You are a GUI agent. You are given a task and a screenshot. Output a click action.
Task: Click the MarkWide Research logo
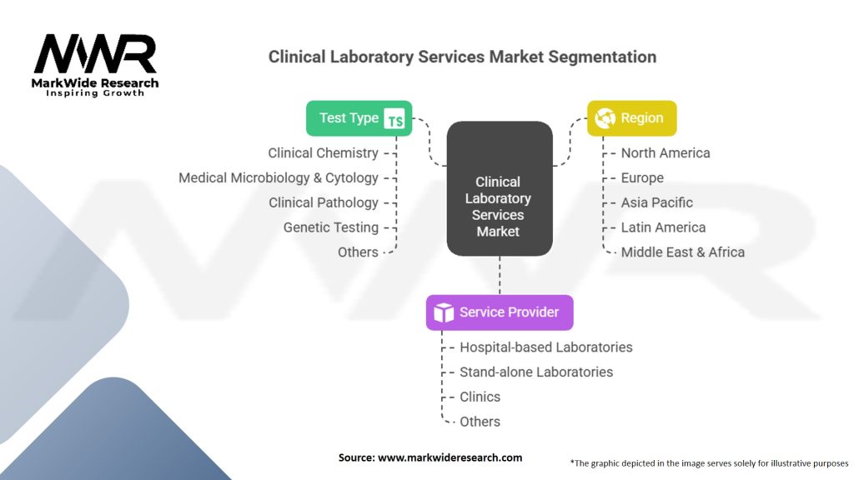tap(96, 64)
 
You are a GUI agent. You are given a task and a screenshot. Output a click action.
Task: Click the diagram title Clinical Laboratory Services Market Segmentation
tap(462, 57)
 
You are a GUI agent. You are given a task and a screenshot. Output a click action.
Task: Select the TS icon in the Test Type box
tap(395, 120)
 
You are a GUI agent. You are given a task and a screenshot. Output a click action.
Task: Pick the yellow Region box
tap(631, 118)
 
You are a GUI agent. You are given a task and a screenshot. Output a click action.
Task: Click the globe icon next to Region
tap(606, 118)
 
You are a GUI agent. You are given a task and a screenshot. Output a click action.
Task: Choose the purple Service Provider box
tap(499, 312)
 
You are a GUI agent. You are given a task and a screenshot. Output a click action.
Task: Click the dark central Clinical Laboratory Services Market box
tap(499, 188)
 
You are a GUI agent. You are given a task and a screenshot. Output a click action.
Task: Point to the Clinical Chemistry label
tap(323, 153)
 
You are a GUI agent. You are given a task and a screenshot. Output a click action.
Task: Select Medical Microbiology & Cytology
tap(279, 177)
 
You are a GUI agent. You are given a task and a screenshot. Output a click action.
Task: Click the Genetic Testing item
tap(330, 227)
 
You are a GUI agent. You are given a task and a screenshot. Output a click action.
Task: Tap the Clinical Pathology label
tap(323, 202)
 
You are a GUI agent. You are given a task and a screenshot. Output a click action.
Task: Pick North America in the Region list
tap(666, 153)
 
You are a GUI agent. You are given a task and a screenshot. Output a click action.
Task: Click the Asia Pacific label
tap(656, 202)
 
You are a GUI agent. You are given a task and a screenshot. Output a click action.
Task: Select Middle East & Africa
tap(682, 252)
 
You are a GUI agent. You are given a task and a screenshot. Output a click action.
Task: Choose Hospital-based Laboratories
tap(545, 347)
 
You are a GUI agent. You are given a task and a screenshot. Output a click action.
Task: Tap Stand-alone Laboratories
tap(536, 372)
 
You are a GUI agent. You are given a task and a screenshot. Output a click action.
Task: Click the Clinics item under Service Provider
tap(480, 397)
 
